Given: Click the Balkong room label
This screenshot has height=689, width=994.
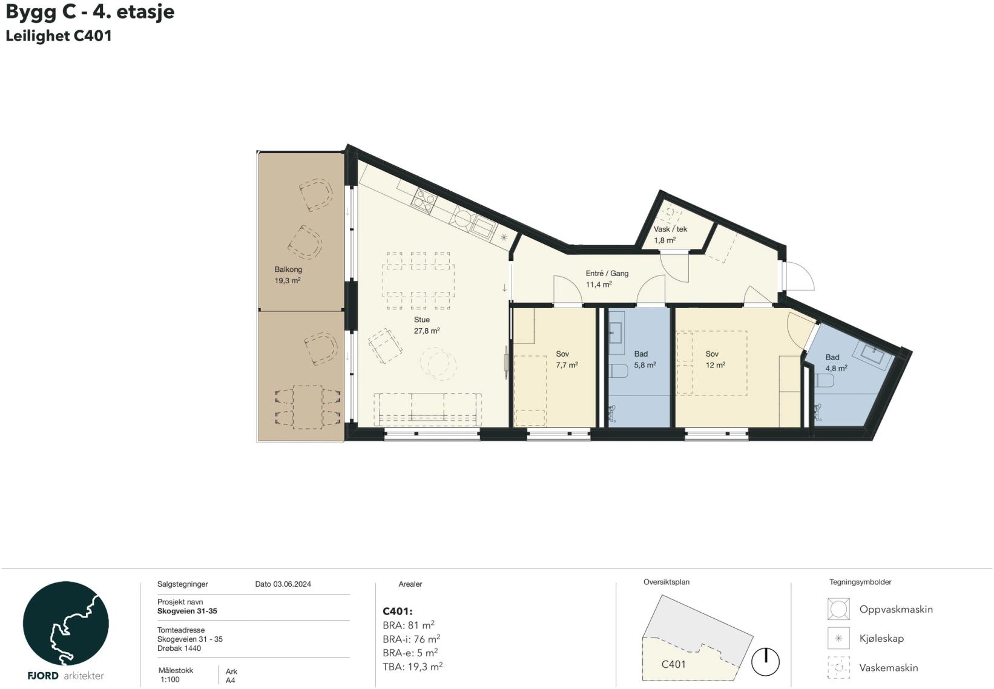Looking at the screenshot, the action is click(288, 269).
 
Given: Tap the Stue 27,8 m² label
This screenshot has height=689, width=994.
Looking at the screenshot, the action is click(426, 325).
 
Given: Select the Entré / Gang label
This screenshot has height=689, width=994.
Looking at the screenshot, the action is click(607, 273).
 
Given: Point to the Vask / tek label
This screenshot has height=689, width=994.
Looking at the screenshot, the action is click(670, 229).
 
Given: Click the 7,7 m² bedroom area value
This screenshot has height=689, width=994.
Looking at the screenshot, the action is click(567, 365).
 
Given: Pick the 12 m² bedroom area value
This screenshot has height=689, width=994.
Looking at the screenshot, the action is click(716, 365).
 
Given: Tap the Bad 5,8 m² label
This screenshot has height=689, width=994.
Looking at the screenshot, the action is click(645, 360).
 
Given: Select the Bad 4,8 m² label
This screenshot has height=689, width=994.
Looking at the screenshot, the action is click(836, 363).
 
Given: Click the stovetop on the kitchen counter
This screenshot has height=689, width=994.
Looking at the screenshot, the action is click(424, 201).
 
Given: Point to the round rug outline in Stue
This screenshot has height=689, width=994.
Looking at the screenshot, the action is click(438, 364).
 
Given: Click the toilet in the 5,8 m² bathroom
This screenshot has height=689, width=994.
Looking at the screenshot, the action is click(618, 371).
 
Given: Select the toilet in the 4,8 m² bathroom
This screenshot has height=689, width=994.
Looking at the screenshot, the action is click(825, 380).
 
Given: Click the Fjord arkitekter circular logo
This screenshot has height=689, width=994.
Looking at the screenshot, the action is click(65, 623).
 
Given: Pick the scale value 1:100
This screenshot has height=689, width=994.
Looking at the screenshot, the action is click(170, 680).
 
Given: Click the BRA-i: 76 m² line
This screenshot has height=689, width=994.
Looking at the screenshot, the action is click(412, 639).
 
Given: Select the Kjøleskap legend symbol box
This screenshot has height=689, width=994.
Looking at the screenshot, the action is click(838, 638).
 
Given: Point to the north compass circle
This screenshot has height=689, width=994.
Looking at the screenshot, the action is click(765, 662).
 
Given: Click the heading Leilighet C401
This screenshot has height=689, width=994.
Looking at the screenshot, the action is click(59, 36).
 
